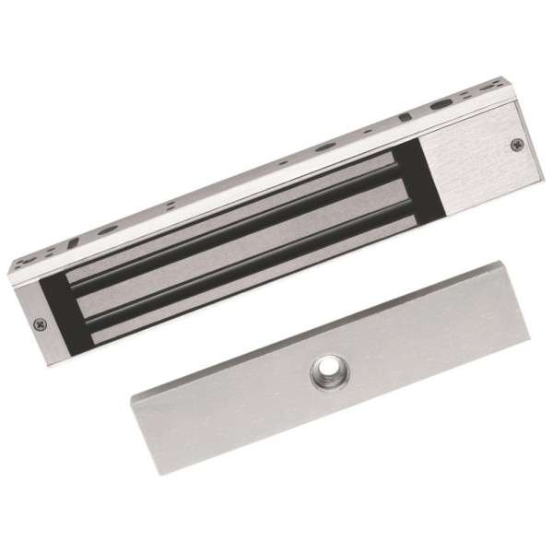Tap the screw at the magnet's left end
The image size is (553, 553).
[x=39, y=324]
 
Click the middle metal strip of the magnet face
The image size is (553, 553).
[x=244, y=240]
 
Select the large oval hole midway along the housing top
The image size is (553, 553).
[x=325, y=147]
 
